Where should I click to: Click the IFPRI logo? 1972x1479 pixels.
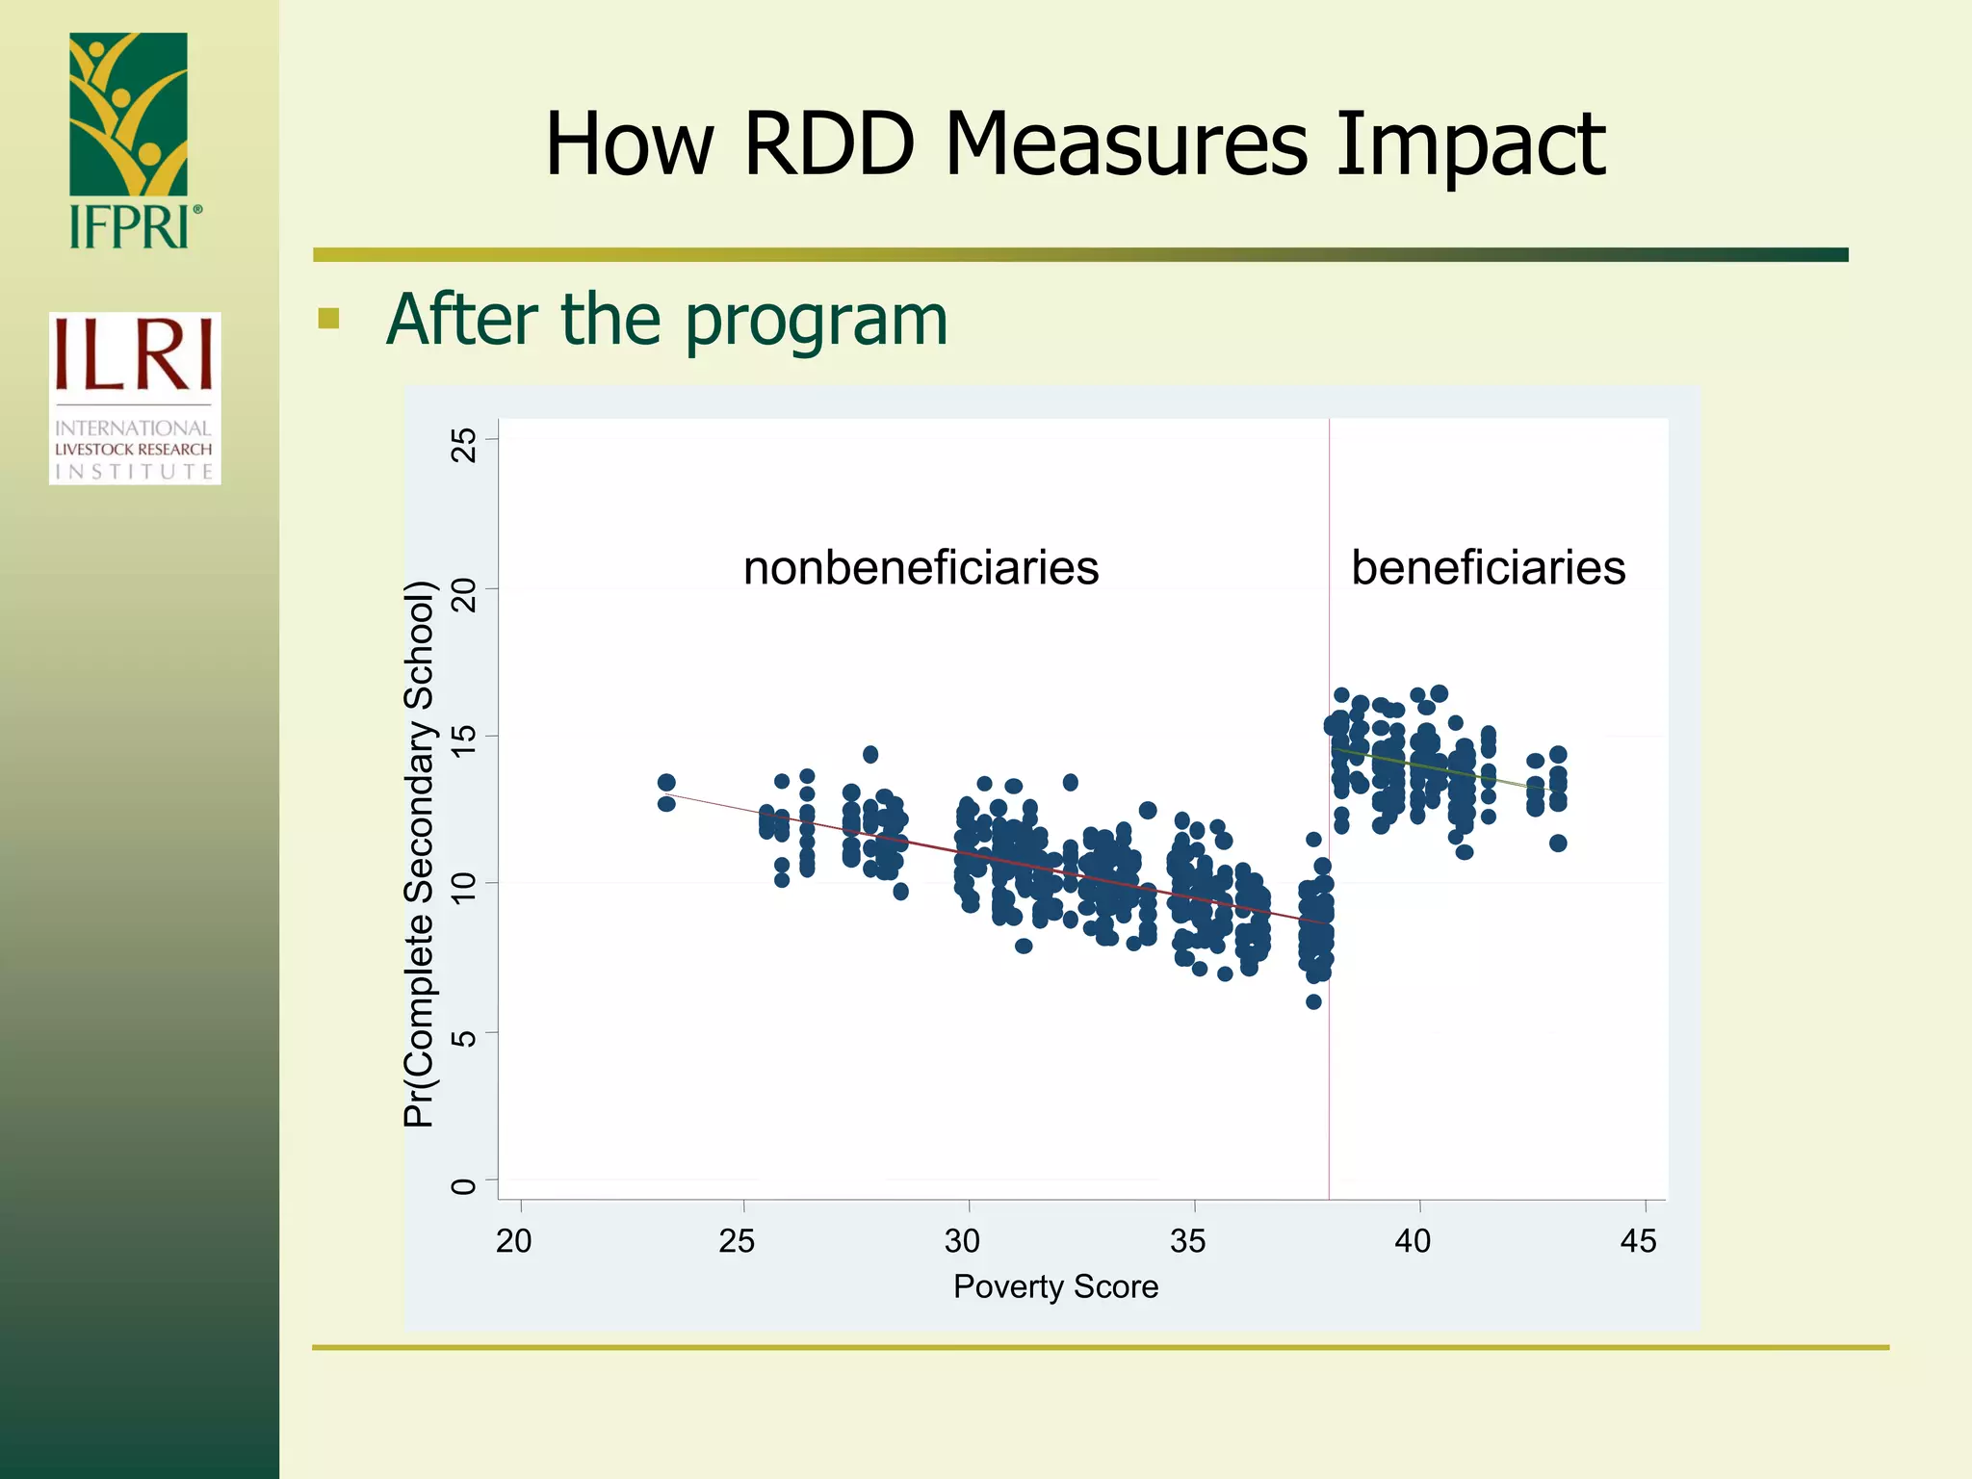130,140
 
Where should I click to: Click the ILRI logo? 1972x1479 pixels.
135,397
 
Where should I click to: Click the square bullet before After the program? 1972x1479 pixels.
328,318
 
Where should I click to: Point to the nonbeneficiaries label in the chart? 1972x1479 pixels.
921,567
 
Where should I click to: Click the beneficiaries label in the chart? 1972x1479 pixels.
1488,567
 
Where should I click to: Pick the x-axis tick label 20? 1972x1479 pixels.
513,1241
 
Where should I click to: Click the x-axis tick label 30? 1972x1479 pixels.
962,1241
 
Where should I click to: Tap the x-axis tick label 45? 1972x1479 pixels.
1638,1241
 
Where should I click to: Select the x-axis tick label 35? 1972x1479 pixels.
1187,1241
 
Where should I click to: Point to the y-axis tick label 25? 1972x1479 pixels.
464,445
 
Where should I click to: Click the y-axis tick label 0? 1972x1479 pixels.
464,1185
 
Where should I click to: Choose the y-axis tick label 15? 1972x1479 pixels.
464,740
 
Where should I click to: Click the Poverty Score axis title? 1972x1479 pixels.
1055,1286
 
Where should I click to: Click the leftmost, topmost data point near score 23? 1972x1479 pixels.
666,782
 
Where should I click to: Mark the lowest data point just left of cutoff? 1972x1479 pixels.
1313,1001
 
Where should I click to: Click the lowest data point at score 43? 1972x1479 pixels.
1558,843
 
